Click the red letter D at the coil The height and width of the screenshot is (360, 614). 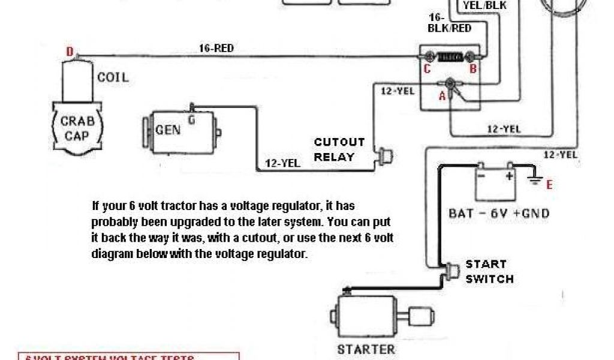point(70,53)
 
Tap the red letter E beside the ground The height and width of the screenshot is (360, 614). point(549,185)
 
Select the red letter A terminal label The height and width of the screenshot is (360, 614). point(442,95)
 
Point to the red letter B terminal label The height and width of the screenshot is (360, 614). point(472,69)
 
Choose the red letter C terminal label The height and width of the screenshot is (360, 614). point(427,69)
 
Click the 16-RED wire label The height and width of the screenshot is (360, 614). point(216,48)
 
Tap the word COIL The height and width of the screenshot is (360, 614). point(113,77)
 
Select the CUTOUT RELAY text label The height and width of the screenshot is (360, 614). point(339,149)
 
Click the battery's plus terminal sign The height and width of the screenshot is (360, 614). point(510,176)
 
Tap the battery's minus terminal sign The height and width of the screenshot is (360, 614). point(481,176)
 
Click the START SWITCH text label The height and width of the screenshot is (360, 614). point(490,271)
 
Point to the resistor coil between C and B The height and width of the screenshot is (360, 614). point(450,57)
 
